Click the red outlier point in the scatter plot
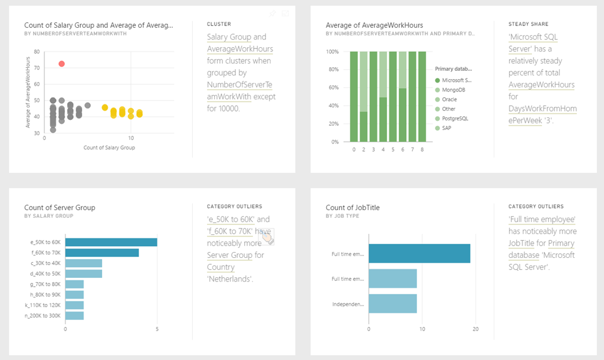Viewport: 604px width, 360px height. click(61, 64)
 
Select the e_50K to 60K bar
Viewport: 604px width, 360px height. click(111, 242)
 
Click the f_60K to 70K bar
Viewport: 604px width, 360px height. click(102, 253)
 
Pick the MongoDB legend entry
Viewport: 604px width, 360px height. click(453, 90)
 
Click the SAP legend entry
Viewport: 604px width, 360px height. click(447, 128)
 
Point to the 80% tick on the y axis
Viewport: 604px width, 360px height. click(334, 70)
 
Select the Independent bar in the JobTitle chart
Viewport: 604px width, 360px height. click(392, 305)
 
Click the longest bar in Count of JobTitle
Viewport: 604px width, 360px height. click(419, 254)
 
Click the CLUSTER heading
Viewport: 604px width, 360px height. click(219, 24)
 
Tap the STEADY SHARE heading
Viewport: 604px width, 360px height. click(528, 24)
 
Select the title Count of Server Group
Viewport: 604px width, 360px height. click(60, 207)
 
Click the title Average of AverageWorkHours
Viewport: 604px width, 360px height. click(374, 25)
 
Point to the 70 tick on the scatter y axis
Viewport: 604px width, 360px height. click(37, 68)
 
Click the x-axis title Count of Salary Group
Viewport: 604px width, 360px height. click(109, 148)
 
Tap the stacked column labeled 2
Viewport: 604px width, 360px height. click(364, 97)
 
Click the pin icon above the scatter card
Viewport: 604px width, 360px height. click(273, 13)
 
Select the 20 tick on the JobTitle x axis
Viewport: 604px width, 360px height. click(475, 329)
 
